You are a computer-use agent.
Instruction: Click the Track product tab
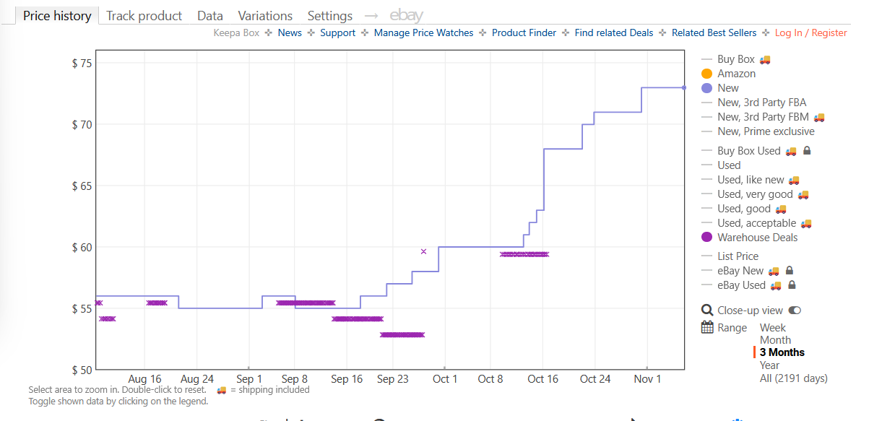144,16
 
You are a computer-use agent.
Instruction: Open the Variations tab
265,16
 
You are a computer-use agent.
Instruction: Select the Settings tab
329,16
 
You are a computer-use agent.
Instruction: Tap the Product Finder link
524,32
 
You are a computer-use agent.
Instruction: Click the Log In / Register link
810,32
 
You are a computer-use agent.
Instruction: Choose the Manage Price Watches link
423,32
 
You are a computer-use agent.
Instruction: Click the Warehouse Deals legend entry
757,238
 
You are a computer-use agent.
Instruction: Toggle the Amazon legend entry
736,74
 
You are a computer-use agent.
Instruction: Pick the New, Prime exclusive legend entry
766,131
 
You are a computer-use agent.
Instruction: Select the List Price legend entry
738,256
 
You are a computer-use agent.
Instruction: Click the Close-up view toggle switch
795,311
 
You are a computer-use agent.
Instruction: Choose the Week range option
773,328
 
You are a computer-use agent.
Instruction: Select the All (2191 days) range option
793,378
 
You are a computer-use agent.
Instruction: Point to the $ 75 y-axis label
82,64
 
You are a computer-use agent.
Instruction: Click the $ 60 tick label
82,248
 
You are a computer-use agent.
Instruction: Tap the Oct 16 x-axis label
542,379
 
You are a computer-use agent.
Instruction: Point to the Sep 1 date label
249,379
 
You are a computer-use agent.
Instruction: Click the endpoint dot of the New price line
683,88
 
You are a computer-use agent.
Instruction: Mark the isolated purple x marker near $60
423,251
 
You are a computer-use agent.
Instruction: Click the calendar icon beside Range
707,328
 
